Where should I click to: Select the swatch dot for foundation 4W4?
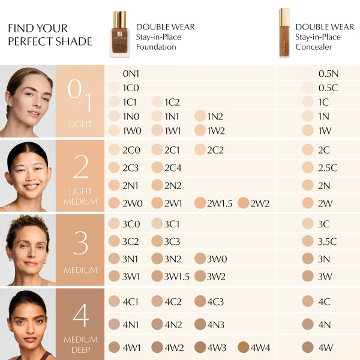(x=243, y=347)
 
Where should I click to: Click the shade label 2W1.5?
(x=220, y=203)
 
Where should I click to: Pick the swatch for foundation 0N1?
(x=115, y=74)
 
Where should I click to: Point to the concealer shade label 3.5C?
(x=327, y=241)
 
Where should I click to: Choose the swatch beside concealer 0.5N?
(x=308, y=74)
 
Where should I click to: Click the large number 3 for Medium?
(x=80, y=243)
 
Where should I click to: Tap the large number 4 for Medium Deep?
(x=80, y=316)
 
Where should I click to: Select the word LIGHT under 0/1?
(x=80, y=124)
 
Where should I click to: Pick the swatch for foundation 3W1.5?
(x=157, y=276)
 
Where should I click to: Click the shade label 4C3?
(x=215, y=301)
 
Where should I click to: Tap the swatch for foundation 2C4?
(x=157, y=167)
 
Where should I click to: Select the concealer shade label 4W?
(x=325, y=347)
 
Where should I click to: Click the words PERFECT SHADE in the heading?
(x=50, y=41)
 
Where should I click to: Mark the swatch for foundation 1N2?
(x=200, y=116)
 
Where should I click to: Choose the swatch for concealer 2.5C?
(x=308, y=167)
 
